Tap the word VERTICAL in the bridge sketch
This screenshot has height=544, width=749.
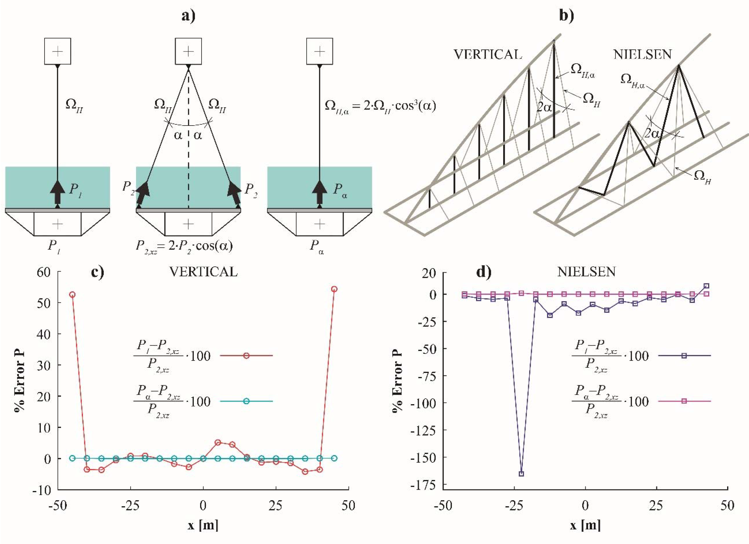click(488, 54)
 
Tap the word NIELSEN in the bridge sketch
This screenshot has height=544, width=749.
click(642, 54)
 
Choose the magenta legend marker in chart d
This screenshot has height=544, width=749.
click(684, 401)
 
